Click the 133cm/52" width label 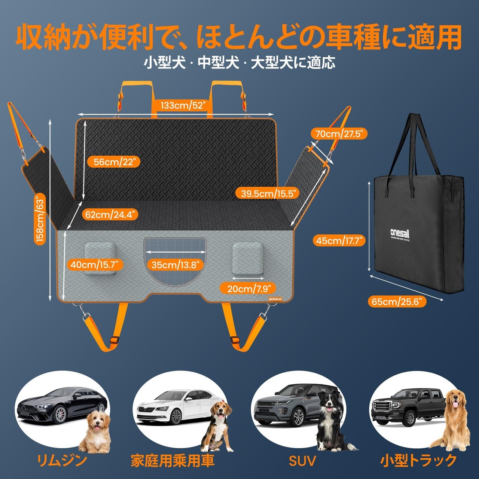pos(183,106)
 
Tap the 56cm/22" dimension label pos(113,162)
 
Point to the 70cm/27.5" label pos(339,134)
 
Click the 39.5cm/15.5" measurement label pos(268,193)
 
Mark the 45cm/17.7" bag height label pos(339,241)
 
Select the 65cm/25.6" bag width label pos(397,301)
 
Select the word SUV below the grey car pos(302,461)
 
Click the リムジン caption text pos(62,461)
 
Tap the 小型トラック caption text pos(418,461)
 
